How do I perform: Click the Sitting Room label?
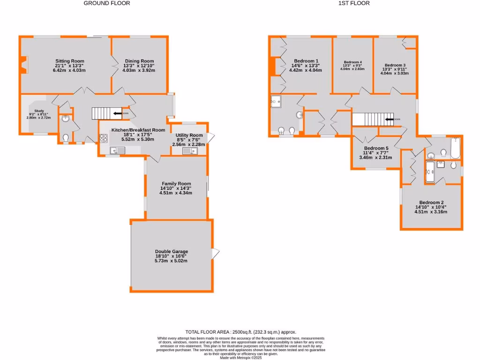pos(69,61)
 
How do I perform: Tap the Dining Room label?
pos(139,61)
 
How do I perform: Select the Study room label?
pos(32,111)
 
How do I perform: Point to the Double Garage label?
pos(172,251)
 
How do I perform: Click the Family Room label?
pos(176,184)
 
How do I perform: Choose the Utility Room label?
pos(189,135)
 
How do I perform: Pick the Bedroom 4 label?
pos(353,62)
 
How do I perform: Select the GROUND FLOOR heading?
pos(107,3)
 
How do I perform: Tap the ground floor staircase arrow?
pos(114,113)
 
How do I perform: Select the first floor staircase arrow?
pos(389,120)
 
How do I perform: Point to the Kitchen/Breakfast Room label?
pos(138,130)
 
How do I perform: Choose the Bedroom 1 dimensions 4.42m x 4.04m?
pos(306,70)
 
